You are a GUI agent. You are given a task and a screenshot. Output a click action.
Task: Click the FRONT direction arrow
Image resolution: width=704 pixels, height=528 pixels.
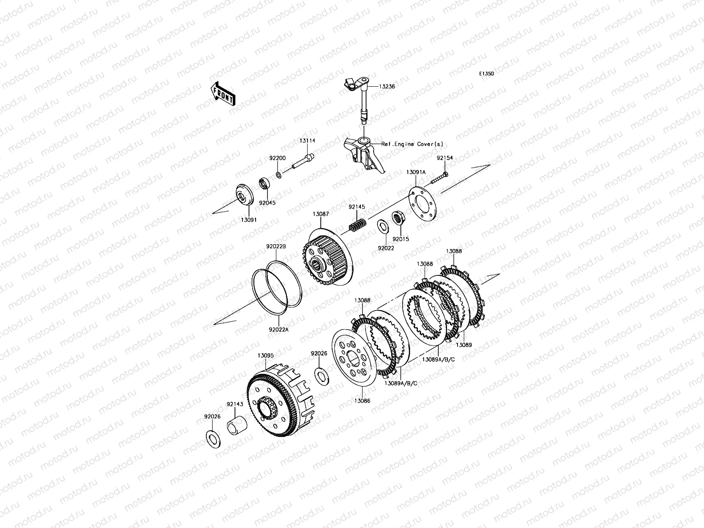pos(223,94)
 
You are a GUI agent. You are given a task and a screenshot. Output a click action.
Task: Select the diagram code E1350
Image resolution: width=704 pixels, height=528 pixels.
pos(487,74)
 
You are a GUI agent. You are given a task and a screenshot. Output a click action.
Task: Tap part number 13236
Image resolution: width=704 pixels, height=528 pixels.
pos(387,87)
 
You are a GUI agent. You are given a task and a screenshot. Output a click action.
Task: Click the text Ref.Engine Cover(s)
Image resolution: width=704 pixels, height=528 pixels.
pos(412,144)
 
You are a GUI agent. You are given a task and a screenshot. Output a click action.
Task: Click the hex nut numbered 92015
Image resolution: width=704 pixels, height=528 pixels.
pos(397,218)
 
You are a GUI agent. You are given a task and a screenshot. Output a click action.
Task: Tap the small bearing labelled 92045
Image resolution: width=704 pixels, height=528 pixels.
pos(264,183)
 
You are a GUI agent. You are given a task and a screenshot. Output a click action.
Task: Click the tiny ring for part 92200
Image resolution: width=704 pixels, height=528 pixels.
pos(279,175)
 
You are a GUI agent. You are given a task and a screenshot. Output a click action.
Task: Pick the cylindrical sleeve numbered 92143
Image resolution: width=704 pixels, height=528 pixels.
pos(237,425)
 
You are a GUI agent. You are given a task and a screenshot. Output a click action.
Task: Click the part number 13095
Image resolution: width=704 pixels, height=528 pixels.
pos(266,356)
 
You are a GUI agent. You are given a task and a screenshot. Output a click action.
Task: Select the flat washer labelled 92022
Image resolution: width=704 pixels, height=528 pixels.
pos(383,227)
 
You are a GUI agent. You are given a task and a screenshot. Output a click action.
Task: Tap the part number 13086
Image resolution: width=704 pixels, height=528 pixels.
pos(362,401)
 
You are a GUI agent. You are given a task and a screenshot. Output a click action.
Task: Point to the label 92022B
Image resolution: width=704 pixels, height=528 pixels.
pos(276,246)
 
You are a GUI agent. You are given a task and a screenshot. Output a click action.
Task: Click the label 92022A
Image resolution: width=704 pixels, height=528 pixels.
pos(279,330)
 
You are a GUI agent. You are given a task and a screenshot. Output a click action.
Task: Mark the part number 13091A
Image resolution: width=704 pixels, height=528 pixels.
pos(416,172)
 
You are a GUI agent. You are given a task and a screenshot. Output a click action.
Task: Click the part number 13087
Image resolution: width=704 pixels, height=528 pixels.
pos(321,214)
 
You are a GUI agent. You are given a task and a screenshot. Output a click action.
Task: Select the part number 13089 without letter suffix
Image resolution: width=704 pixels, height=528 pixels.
pos(464,345)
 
